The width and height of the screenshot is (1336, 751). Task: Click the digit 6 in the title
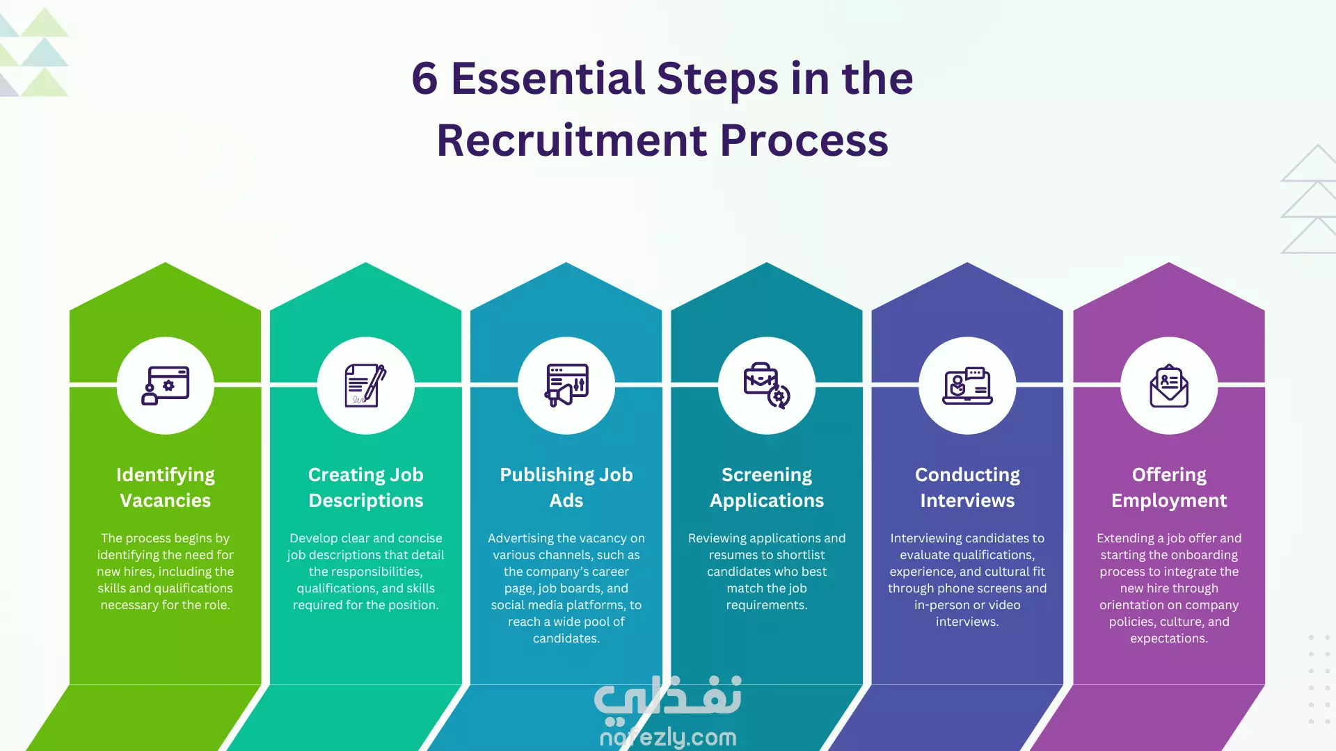(424, 78)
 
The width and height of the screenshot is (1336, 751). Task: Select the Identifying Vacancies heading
(166, 487)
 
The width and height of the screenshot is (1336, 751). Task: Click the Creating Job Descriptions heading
(366, 487)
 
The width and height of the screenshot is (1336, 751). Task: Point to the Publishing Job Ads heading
(566, 487)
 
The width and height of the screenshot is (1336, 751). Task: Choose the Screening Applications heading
(767, 487)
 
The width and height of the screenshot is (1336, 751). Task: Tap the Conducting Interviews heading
(967, 487)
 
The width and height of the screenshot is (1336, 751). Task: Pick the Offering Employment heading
(1169, 487)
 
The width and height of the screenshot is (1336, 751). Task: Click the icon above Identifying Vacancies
(166, 385)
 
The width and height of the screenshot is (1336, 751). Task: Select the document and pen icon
(366, 385)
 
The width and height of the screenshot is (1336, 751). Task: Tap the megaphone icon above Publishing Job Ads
(566, 385)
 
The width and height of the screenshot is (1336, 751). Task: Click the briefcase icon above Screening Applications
(767, 385)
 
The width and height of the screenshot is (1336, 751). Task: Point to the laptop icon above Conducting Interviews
(967, 385)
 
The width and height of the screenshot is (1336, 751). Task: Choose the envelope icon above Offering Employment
(1169, 385)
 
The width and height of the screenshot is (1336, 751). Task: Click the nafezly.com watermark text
(668, 737)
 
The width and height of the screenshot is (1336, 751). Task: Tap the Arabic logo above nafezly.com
(668, 697)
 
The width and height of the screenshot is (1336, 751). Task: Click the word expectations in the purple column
(1168, 638)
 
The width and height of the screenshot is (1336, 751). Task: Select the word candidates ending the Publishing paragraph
(566, 638)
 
